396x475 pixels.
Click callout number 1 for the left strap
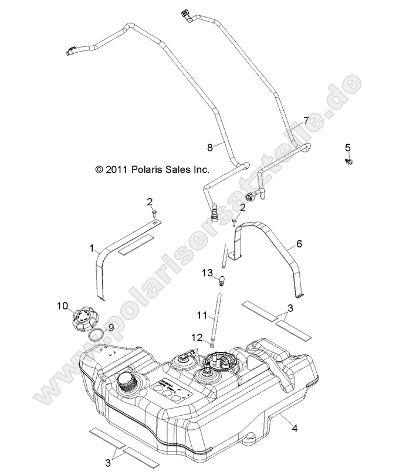tap(92, 248)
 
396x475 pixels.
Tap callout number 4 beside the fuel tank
tap(295, 428)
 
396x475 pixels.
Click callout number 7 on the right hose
tap(305, 121)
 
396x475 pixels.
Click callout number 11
tap(201, 315)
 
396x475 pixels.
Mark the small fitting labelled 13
tap(222, 281)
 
